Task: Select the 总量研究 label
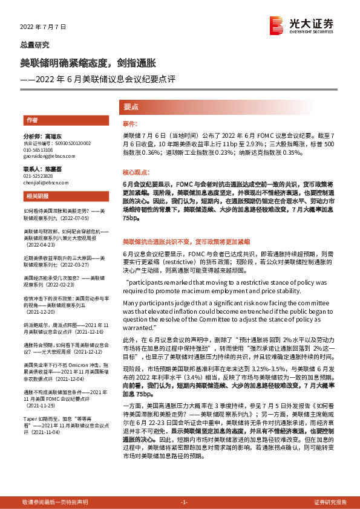click(35, 45)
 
